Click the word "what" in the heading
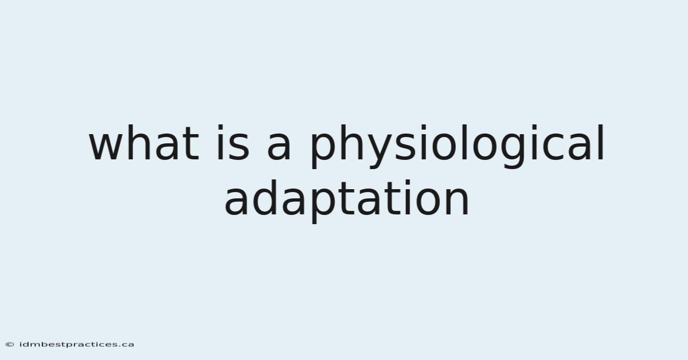[x=144, y=143]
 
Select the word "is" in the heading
[x=233, y=143]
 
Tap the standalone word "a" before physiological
[x=279, y=147]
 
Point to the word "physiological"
[x=457, y=146]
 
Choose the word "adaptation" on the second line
[x=347, y=201]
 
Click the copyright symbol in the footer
[x=10, y=345]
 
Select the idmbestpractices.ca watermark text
[x=76, y=345]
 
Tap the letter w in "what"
[x=106, y=147]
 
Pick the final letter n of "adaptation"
[x=458, y=202]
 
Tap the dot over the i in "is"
[x=220, y=127]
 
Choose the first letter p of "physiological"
[x=322, y=151]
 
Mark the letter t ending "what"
[x=192, y=144]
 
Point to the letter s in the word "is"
[x=239, y=147]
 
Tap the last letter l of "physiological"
[x=601, y=143]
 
